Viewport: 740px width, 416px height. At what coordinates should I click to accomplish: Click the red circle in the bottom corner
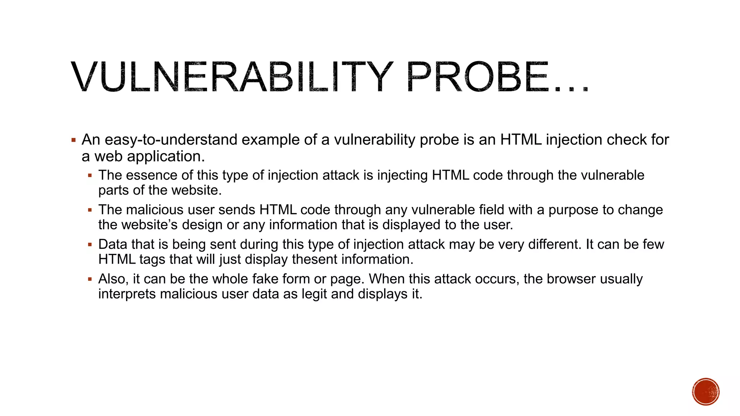[x=706, y=392]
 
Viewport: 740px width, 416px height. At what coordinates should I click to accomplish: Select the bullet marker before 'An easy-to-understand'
[x=74, y=140]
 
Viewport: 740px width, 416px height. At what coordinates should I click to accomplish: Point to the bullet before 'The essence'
[x=90, y=176]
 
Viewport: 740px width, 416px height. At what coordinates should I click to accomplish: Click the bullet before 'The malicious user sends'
[x=90, y=210]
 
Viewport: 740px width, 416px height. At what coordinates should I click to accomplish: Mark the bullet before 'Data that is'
[x=90, y=245]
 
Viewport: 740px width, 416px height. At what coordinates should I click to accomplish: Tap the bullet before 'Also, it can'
[x=90, y=279]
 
